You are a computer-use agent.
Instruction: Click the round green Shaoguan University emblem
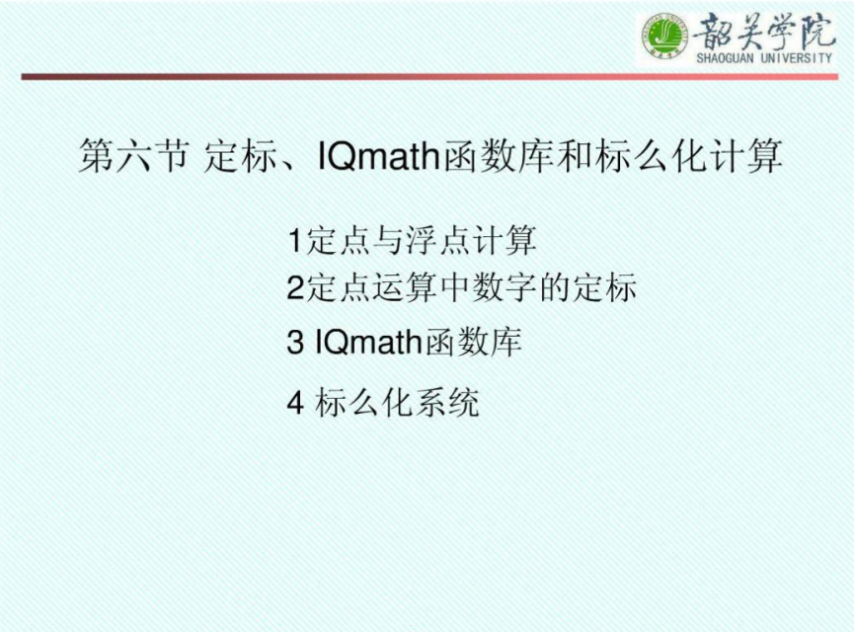click(663, 36)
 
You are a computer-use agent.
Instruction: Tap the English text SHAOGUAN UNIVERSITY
click(764, 57)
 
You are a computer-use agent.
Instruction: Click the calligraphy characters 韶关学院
click(763, 32)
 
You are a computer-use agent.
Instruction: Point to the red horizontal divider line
click(429, 77)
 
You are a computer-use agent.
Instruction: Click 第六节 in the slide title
click(134, 156)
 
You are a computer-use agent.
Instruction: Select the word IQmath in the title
click(377, 156)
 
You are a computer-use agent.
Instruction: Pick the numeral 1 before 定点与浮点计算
click(294, 240)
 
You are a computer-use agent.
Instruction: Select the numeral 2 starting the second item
click(294, 287)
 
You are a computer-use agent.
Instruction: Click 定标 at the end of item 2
click(603, 287)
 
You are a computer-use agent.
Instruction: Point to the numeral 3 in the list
click(294, 342)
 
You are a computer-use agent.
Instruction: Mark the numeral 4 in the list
click(294, 403)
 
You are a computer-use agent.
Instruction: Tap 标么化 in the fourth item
click(363, 403)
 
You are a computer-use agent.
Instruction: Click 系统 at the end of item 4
click(446, 403)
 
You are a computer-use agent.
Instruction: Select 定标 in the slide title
click(239, 156)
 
